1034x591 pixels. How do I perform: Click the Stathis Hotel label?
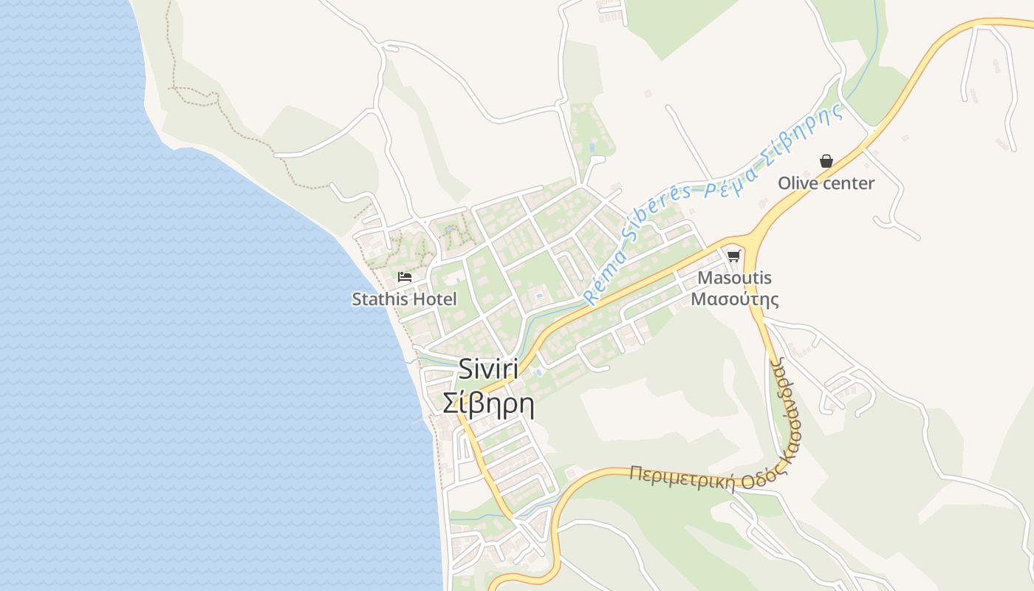click(x=404, y=299)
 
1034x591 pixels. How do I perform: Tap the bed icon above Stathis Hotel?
click(x=404, y=277)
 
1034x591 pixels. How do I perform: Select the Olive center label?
click(x=826, y=183)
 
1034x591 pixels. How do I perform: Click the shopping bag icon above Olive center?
click(x=826, y=161)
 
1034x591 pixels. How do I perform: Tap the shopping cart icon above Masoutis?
click(x=733, y=256)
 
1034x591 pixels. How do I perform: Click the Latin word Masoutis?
click(x=734, y=279)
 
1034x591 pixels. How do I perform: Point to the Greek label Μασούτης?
click(x=734, y=300)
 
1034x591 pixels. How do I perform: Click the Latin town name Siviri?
click(x=488, y=368)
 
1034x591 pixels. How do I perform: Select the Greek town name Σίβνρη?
click(x=488, y=403)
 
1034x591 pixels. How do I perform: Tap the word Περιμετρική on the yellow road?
click(x=682, y=479)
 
